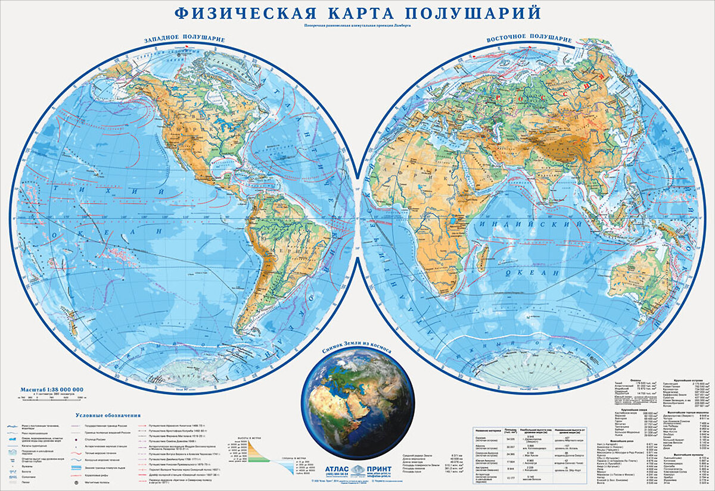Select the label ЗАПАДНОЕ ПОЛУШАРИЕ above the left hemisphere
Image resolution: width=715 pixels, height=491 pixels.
point(184,39)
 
